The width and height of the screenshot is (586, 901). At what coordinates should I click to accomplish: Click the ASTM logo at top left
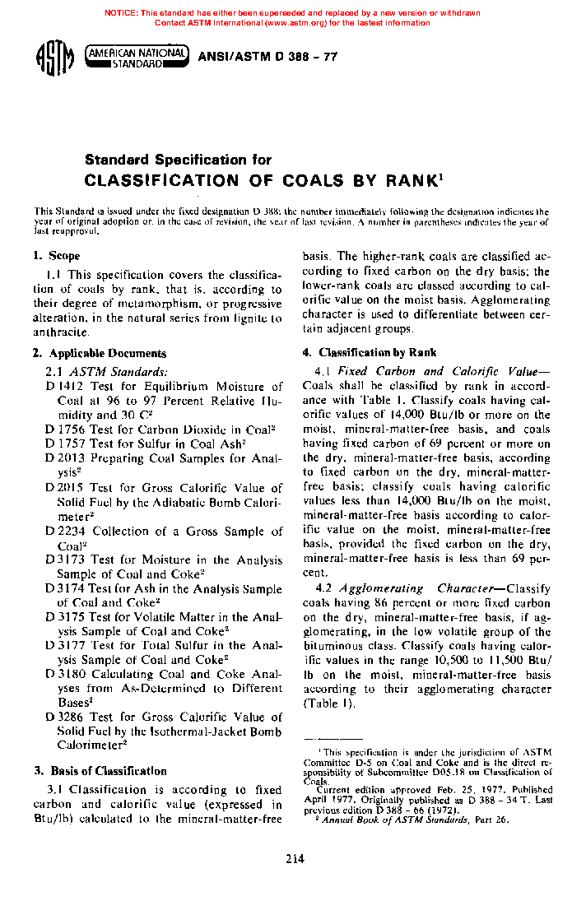point(53,60)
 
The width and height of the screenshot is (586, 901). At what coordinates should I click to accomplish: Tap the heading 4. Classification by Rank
point(370,352)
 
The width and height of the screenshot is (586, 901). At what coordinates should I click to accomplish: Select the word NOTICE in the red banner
point(122,13)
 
